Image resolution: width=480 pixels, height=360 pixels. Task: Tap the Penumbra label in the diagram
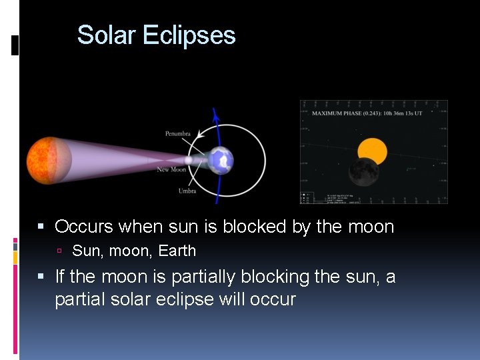177,134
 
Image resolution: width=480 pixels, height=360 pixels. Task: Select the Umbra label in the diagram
187,191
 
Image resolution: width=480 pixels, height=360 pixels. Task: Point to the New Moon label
171,170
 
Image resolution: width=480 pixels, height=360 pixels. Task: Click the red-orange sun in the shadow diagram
49,160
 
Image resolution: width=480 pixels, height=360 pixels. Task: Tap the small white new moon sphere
189,161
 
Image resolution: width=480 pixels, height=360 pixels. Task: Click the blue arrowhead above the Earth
215,115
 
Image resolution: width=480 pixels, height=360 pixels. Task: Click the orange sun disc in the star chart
373,151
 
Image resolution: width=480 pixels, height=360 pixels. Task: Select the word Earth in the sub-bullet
177,251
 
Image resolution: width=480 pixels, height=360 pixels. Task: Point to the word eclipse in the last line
185,299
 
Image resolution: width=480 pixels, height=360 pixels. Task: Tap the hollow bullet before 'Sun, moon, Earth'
59,252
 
